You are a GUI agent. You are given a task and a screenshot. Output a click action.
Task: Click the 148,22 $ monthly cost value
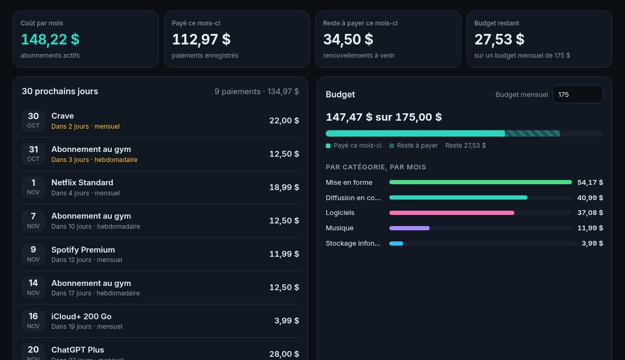tap(50, 39)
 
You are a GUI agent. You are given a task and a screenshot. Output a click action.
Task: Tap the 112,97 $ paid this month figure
tap(201, 39)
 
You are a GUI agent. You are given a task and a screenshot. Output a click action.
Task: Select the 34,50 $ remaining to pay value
tap(348, 39)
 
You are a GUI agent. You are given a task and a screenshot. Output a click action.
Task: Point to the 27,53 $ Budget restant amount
tap(499, 39)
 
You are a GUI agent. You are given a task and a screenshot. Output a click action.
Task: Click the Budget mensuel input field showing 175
tap(577, 94)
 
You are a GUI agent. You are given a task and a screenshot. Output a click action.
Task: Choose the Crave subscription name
tap(63, 116)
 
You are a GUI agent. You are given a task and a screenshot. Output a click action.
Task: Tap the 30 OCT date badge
tap(33, 120)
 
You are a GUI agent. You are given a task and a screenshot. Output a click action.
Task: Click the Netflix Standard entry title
tap(82, 183)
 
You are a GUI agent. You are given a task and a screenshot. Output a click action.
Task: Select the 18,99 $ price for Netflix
tap(284, 187)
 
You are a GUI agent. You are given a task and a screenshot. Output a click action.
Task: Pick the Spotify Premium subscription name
tap(83, 250)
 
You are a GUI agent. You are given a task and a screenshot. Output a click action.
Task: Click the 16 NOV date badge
tap(33, 321)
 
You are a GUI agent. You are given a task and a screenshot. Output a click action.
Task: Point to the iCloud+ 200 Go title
tap(82, 317)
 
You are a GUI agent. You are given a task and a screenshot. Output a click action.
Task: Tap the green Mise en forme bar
tap(480, 183)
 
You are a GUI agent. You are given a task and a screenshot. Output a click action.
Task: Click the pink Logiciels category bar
tap(452, 213)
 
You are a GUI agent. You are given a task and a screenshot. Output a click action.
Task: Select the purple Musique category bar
tap(409, 228)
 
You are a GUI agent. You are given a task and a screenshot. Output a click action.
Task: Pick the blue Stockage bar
tap(396, 244)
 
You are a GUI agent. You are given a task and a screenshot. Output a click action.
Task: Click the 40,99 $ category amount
tap(590, 197)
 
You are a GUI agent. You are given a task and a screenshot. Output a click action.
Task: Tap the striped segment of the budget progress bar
tap(532, 133)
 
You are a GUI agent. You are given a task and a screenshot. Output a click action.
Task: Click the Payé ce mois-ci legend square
tap(328, 146)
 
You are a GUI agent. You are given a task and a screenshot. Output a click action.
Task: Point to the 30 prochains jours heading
tap(60, 91)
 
